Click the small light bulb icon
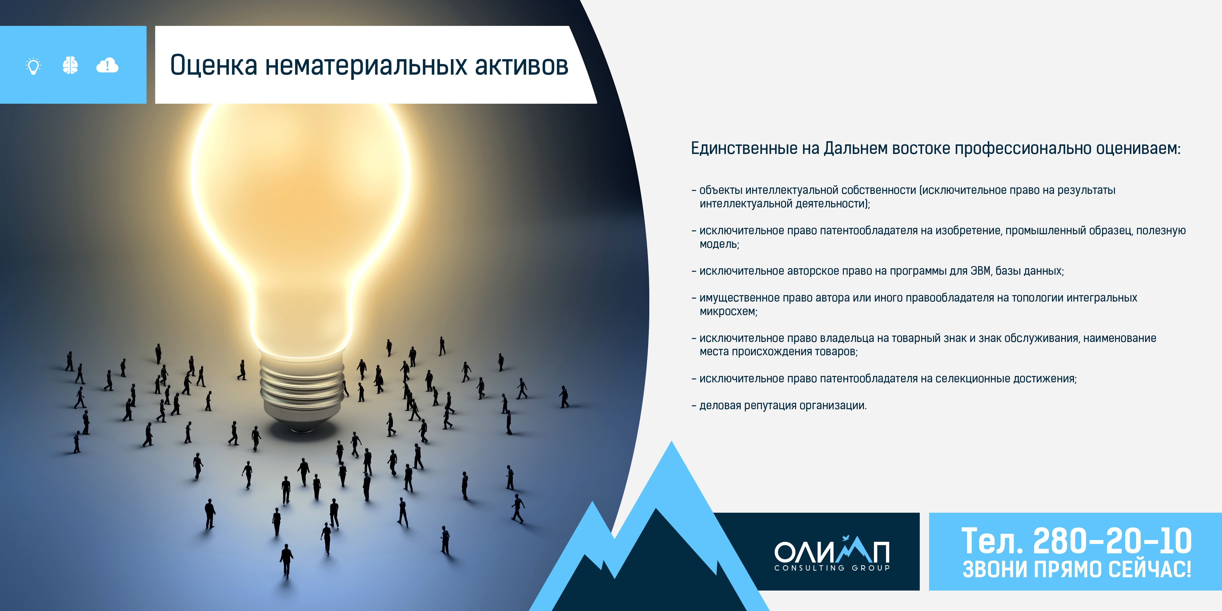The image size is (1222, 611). tap(33, 66)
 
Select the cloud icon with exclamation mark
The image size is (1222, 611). tap(107, 65)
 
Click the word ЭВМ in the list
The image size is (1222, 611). tap(981, 271)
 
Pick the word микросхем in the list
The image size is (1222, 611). tap(728, 312)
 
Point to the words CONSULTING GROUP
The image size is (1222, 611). tap(832, 568)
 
